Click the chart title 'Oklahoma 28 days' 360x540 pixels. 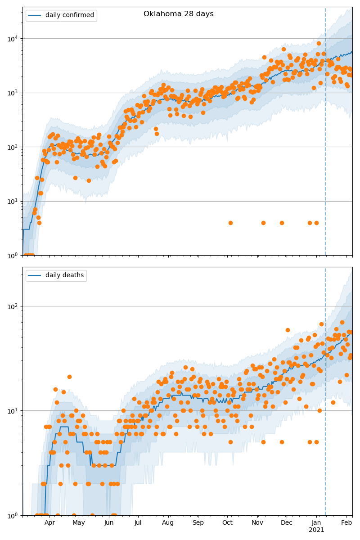pos(179,14)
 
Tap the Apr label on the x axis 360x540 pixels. pos(49,523)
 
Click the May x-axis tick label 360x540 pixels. pos(79,523)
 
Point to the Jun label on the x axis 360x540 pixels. pos(109,523)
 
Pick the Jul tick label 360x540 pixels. pos(138,523)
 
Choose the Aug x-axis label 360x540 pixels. pos(168,523)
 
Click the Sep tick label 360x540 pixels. pos(198,523)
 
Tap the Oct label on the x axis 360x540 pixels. pos(227,523)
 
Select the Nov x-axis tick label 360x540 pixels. pos(257,523)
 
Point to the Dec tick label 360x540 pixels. pos(287,523)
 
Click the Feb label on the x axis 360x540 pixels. pos(346,523)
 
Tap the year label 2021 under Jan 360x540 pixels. pos(317,530)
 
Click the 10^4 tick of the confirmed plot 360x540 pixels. pos(12,39)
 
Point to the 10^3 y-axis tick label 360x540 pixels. pos(12,93)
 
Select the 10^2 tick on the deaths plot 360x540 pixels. pos(12,306)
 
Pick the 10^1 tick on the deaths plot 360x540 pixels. pos(12,411)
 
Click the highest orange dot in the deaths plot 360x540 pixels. pos(342,322)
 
